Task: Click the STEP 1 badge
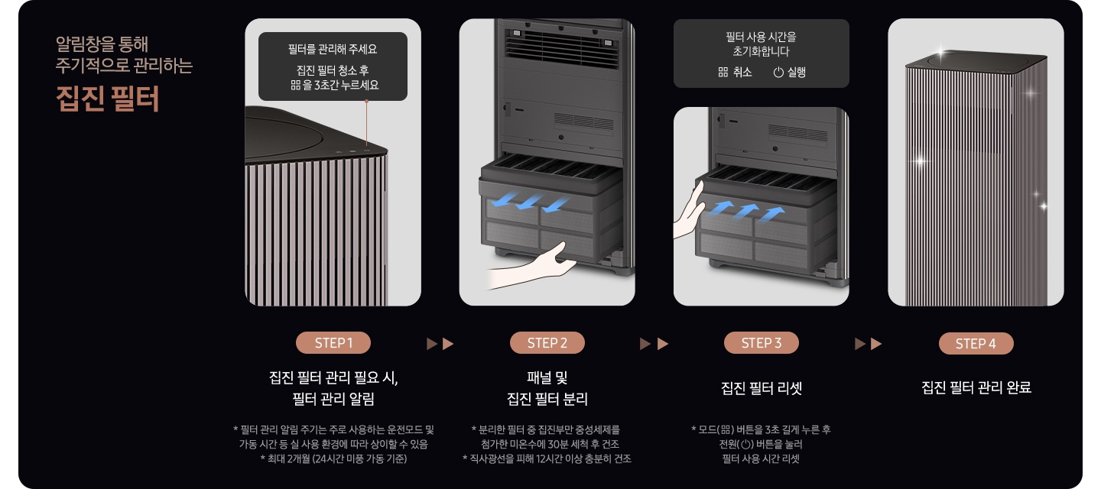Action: (x=333, y=343)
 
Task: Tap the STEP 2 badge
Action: (x=547, y=343)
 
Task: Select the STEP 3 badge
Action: (x=761, y=343)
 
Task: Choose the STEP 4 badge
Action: (x=976, y=343)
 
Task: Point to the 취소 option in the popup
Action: (x=735, y=73)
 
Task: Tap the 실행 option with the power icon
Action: (x=789, y=73)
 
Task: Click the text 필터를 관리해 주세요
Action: (x=333, y=49)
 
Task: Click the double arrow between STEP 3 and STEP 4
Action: (x=868, y=344)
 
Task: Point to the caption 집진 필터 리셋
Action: (x=761, y=388)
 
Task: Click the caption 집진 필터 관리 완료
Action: (x=976, y=388)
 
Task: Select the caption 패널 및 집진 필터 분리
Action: (x=547, y=388)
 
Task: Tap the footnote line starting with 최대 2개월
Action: (x=333, y=458)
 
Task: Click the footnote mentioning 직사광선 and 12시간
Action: (x=547, y=458)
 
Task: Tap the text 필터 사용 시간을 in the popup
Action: (x=761, y=37)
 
